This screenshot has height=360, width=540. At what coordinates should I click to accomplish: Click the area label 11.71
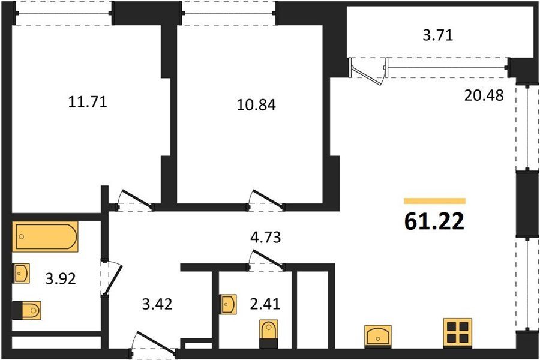(88, 102)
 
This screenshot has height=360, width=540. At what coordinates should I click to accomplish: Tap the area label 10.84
(256, 105)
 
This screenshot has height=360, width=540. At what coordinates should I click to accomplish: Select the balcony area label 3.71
(438, 35)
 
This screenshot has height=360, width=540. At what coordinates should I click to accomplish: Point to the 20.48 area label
(484, 95)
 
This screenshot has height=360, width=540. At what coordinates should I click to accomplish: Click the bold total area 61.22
(434, 221)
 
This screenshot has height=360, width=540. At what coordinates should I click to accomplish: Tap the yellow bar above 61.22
(434, 201)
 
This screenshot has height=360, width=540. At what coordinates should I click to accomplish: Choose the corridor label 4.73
(265, 238)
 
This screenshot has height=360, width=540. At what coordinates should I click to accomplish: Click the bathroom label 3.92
(61, 278)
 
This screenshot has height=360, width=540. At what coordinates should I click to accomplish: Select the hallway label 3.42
(157, 304)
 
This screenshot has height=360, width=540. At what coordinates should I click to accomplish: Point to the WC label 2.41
(265, 304)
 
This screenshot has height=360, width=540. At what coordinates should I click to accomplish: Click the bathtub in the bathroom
(45, 236)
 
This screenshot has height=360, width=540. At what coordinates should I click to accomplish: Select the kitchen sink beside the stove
(378, 336)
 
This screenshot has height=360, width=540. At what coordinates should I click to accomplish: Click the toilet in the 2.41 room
(269, 334)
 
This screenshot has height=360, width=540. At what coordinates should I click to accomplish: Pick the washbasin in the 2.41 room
(229, 304)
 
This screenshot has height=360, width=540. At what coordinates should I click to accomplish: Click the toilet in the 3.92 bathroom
(27, 310)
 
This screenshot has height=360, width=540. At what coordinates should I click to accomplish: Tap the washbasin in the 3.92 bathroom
(21, 274)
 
